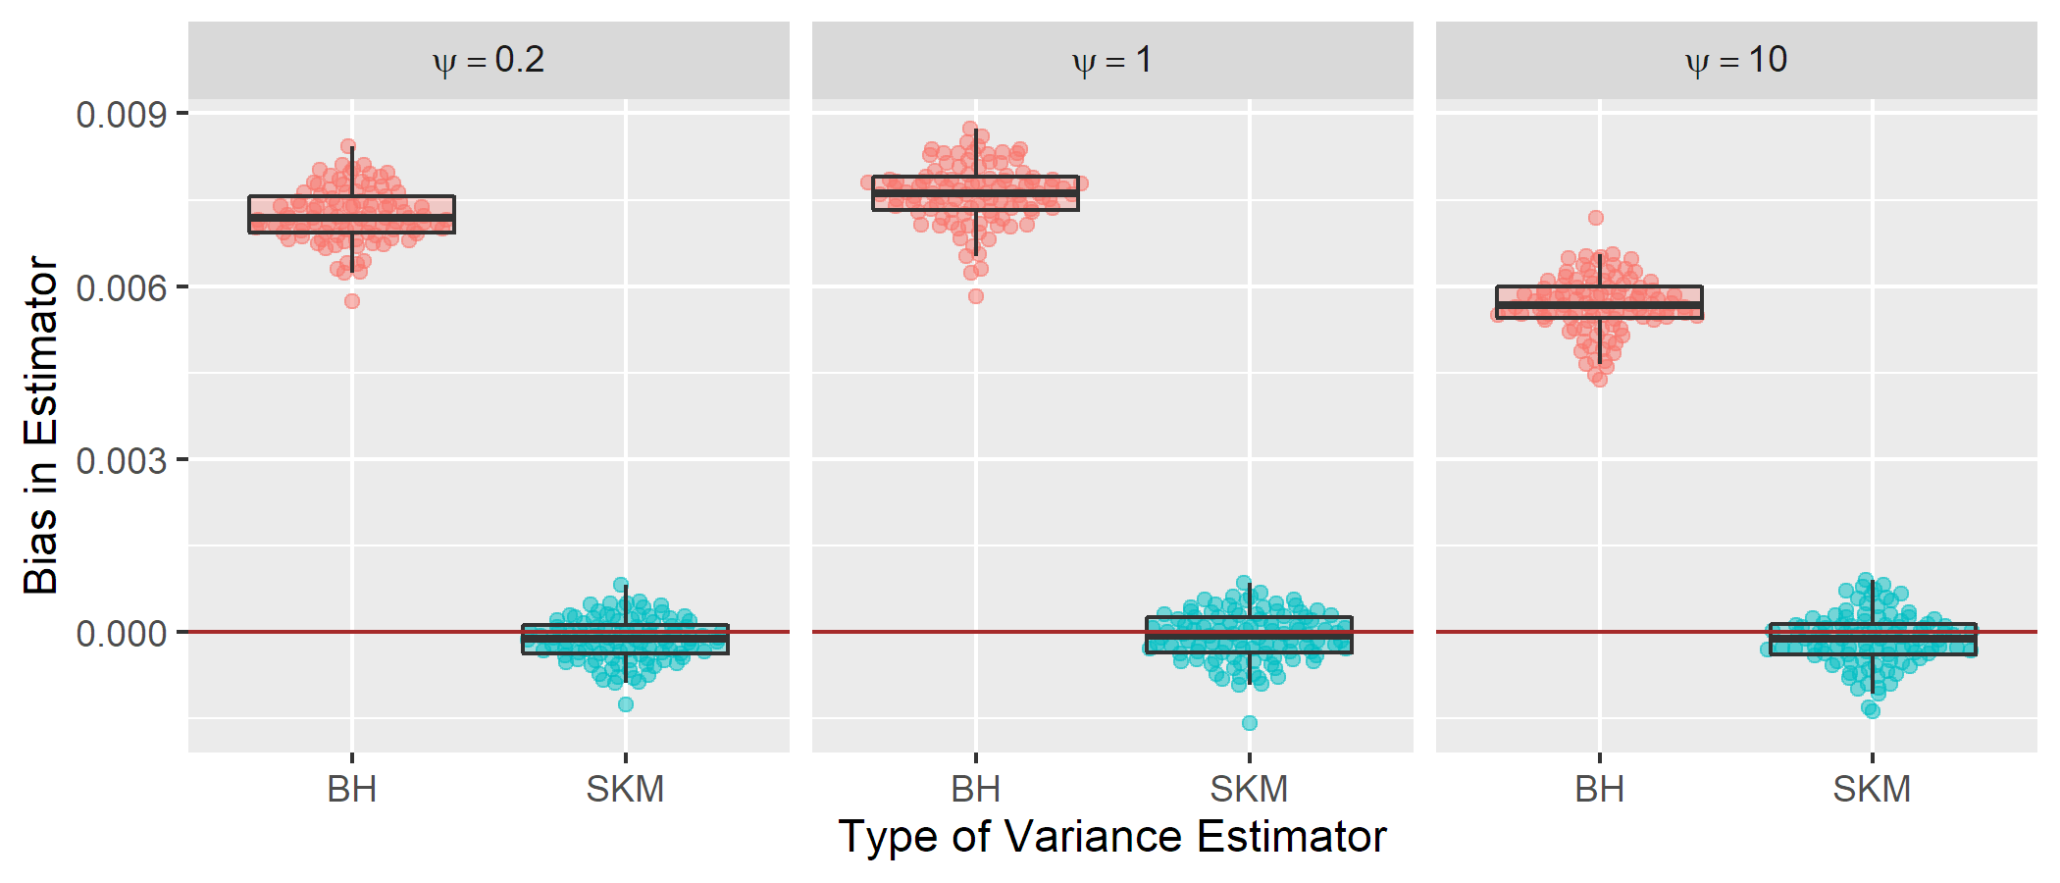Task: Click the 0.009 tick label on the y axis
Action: [122, 115]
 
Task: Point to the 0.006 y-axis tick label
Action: [122, 287]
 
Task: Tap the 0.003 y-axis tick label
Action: [122, 460]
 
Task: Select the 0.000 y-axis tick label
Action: [122, 633]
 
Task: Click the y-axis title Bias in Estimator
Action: [41, 425]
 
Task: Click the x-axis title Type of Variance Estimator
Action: [1111, 837]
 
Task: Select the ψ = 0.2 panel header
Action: [489, 61]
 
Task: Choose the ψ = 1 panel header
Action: [1112, 61]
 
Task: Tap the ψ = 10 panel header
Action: [1736, 61]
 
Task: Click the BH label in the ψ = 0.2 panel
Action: [352, 790]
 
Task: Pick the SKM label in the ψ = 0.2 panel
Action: [625, 790]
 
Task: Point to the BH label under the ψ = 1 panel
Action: [976, 790]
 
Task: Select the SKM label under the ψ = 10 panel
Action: [1872, 790]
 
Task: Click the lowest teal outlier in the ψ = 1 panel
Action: [1250, 723]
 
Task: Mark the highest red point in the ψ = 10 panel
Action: [1596, 218]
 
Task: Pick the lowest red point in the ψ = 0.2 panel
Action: [352, 301]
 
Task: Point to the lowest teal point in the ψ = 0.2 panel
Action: [626, 704]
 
